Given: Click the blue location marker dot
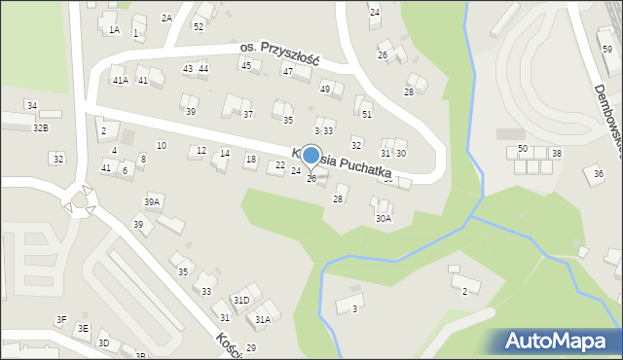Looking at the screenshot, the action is [311, 155].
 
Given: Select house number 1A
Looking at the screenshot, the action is [114, 30].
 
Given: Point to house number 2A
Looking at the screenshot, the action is [166, 18].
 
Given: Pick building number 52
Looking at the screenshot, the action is [198, 26].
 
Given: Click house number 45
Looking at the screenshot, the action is [245, 65].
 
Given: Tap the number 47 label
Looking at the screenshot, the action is [288, 71].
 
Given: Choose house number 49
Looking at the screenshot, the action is [325, 89].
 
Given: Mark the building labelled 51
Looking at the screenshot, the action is [367, 114].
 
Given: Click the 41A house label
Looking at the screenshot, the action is [120, 80].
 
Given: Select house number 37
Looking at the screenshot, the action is [248, 114].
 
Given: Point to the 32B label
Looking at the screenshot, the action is [41, 127].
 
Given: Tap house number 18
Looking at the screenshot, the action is [250, 159].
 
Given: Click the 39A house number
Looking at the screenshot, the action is [152, 201].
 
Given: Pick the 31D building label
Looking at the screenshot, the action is [240, 300].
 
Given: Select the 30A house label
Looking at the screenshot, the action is [384, 219].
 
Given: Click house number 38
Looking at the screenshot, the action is [556, 154].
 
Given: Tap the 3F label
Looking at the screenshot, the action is [60, 319].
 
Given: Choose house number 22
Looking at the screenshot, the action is [280, 165].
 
